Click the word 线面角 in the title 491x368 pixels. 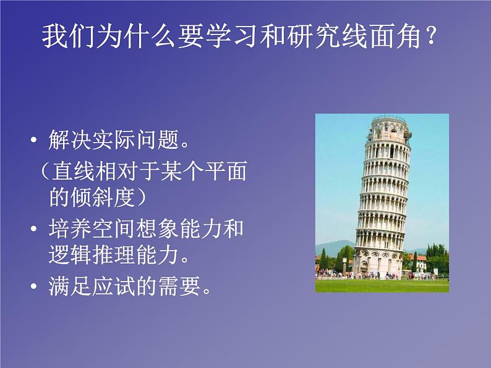coord(378,36)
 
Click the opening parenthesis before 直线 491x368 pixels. coord(43,169)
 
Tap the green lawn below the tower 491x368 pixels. coord(382,285)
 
